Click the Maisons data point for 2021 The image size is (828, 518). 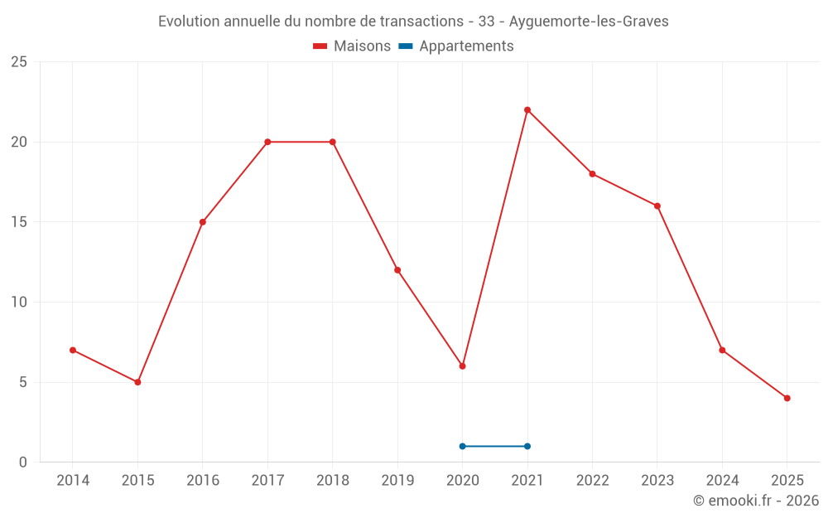[527, 109]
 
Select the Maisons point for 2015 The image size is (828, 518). [137, 382]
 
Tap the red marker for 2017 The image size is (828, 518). [267, 142]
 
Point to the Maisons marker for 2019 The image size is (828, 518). [397, 269]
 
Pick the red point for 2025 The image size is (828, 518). [787, 398]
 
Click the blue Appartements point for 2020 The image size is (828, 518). [462, 446]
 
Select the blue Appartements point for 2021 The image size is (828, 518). [527, 446]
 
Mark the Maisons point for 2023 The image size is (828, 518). [657, 206]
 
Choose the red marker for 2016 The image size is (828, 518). [203, 222]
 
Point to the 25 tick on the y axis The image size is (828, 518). [19, 62]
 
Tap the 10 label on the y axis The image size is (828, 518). [19, 302]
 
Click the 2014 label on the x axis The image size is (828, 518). [73, 480]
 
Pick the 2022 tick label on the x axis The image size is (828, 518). [592, 480]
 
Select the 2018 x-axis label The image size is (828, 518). [333, 480]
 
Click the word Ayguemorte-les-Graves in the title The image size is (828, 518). [589, 22]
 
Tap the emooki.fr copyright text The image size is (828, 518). [755, 501]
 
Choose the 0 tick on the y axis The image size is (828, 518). [23, 462]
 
